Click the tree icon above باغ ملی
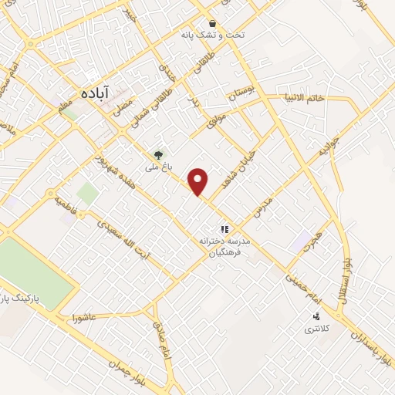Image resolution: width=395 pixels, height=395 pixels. (x=160, y=154)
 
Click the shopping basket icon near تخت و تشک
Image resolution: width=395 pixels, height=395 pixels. (x=212, y=24)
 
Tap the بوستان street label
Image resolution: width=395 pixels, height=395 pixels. (x=240, y=96)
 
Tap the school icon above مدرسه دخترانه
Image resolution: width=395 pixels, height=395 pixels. (x=225, y=229)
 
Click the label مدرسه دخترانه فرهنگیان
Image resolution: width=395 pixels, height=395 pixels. (x=227, y=247)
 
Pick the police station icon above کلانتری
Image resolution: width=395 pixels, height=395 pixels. (x=316, y=316)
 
